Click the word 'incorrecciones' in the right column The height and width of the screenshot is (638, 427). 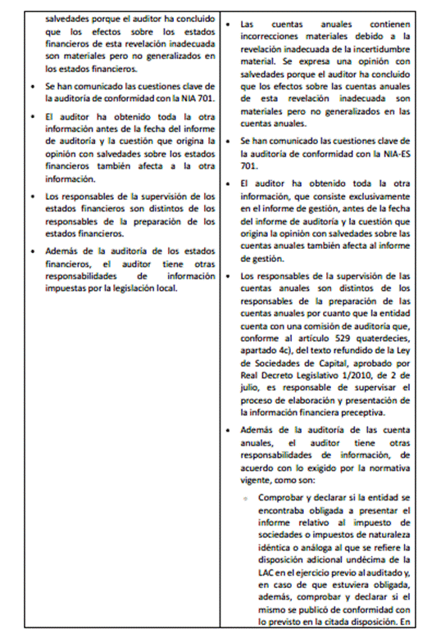pos(270,38)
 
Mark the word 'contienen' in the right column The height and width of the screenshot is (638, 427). pos(393,25)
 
